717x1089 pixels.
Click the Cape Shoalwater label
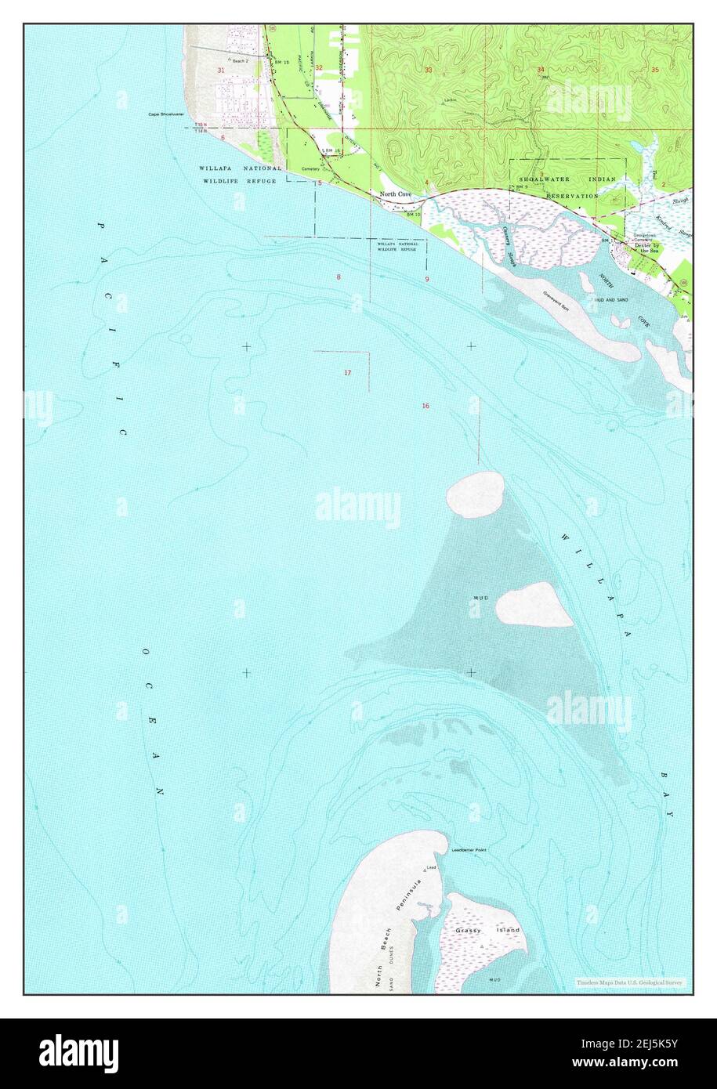(x=166, y=114)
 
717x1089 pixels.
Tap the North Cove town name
(x=395, y=194)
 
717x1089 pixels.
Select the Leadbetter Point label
(x=469, y=850)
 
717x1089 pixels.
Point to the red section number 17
(x=347, y=373)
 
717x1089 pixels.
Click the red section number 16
(x=425, y=406)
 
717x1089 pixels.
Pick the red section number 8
(x=339, y=277)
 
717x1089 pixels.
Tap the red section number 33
(x=428, y=71)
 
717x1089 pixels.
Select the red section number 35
(x=654, y=71)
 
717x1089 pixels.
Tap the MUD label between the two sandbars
(x=480, y=599)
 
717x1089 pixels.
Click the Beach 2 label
(x=238, y=60)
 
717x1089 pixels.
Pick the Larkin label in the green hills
(x=449, y=100)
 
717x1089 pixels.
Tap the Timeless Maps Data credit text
(x=629, y=982)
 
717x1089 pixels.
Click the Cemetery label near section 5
(x=310, y=168)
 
